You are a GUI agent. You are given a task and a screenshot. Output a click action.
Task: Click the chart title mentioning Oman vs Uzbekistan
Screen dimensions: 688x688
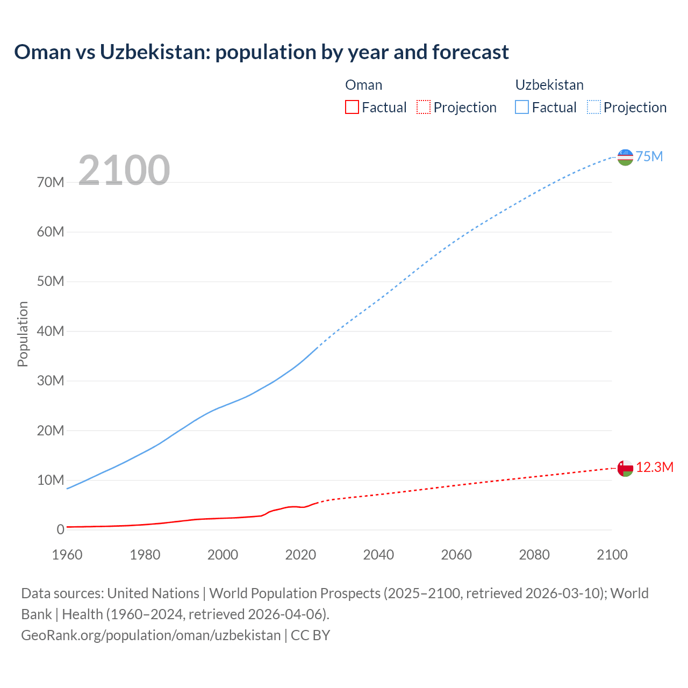pos(261,52)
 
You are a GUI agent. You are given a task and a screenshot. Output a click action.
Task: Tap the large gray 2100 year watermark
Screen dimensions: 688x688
pos(124,170)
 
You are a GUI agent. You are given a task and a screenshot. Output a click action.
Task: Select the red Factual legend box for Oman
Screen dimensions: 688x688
pos(352,107)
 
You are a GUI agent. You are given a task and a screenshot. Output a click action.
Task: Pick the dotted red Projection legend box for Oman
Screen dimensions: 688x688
pos(424,107)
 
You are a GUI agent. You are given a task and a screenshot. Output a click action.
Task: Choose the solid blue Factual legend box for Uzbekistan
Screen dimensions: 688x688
pos(522,107)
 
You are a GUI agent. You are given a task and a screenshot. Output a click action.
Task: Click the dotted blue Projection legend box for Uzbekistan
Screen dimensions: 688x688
pos(593,107)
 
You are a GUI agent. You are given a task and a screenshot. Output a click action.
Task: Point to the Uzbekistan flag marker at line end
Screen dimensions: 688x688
pos(625,157)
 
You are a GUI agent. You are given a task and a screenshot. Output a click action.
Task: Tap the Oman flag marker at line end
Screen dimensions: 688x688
pos(625,468)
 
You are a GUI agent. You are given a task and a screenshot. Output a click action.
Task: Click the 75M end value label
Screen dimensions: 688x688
pos(649,156)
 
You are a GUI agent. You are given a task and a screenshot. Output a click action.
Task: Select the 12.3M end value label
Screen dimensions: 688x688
pos(655,467)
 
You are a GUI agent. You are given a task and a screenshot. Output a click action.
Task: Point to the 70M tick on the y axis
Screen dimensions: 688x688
pos(51,182)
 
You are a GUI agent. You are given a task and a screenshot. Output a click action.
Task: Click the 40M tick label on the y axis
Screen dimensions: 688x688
pos(51,331)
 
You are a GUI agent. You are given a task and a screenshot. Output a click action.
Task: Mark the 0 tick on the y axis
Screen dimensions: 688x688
pos(60,529)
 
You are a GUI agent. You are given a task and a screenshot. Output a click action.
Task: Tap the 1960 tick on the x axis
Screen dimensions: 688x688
pos(67,554)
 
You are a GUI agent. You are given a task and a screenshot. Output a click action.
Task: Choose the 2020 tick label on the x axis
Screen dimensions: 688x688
pos(300,554)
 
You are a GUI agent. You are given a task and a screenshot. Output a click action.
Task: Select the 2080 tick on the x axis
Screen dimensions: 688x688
pos(534,554)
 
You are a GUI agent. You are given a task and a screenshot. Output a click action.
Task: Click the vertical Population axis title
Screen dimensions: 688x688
pos(23,334)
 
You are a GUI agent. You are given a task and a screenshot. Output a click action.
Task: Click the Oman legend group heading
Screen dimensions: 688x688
pos(363,85)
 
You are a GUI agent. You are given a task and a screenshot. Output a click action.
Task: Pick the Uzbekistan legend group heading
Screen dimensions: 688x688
pos(549,85)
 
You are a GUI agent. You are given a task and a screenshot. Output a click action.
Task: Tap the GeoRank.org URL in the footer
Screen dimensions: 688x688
pos(150,635)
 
